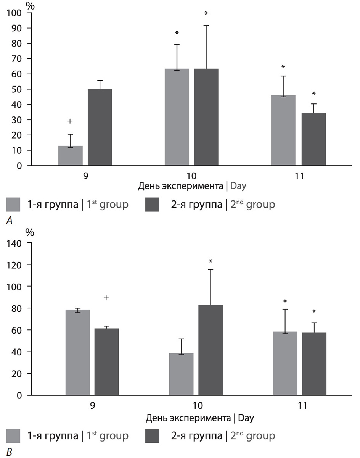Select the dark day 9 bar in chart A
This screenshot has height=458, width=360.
(x=100, y=127)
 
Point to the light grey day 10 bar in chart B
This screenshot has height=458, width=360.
(x=181, y=374)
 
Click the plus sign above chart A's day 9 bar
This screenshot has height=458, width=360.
(x=70, y=121)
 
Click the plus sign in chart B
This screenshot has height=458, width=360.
(x=106, y=298)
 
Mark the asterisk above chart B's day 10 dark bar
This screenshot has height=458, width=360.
(x=210, y=261)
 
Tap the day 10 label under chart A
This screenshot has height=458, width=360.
(x=192, y=176)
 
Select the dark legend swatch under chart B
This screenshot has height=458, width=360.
(x=154, y=435)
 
